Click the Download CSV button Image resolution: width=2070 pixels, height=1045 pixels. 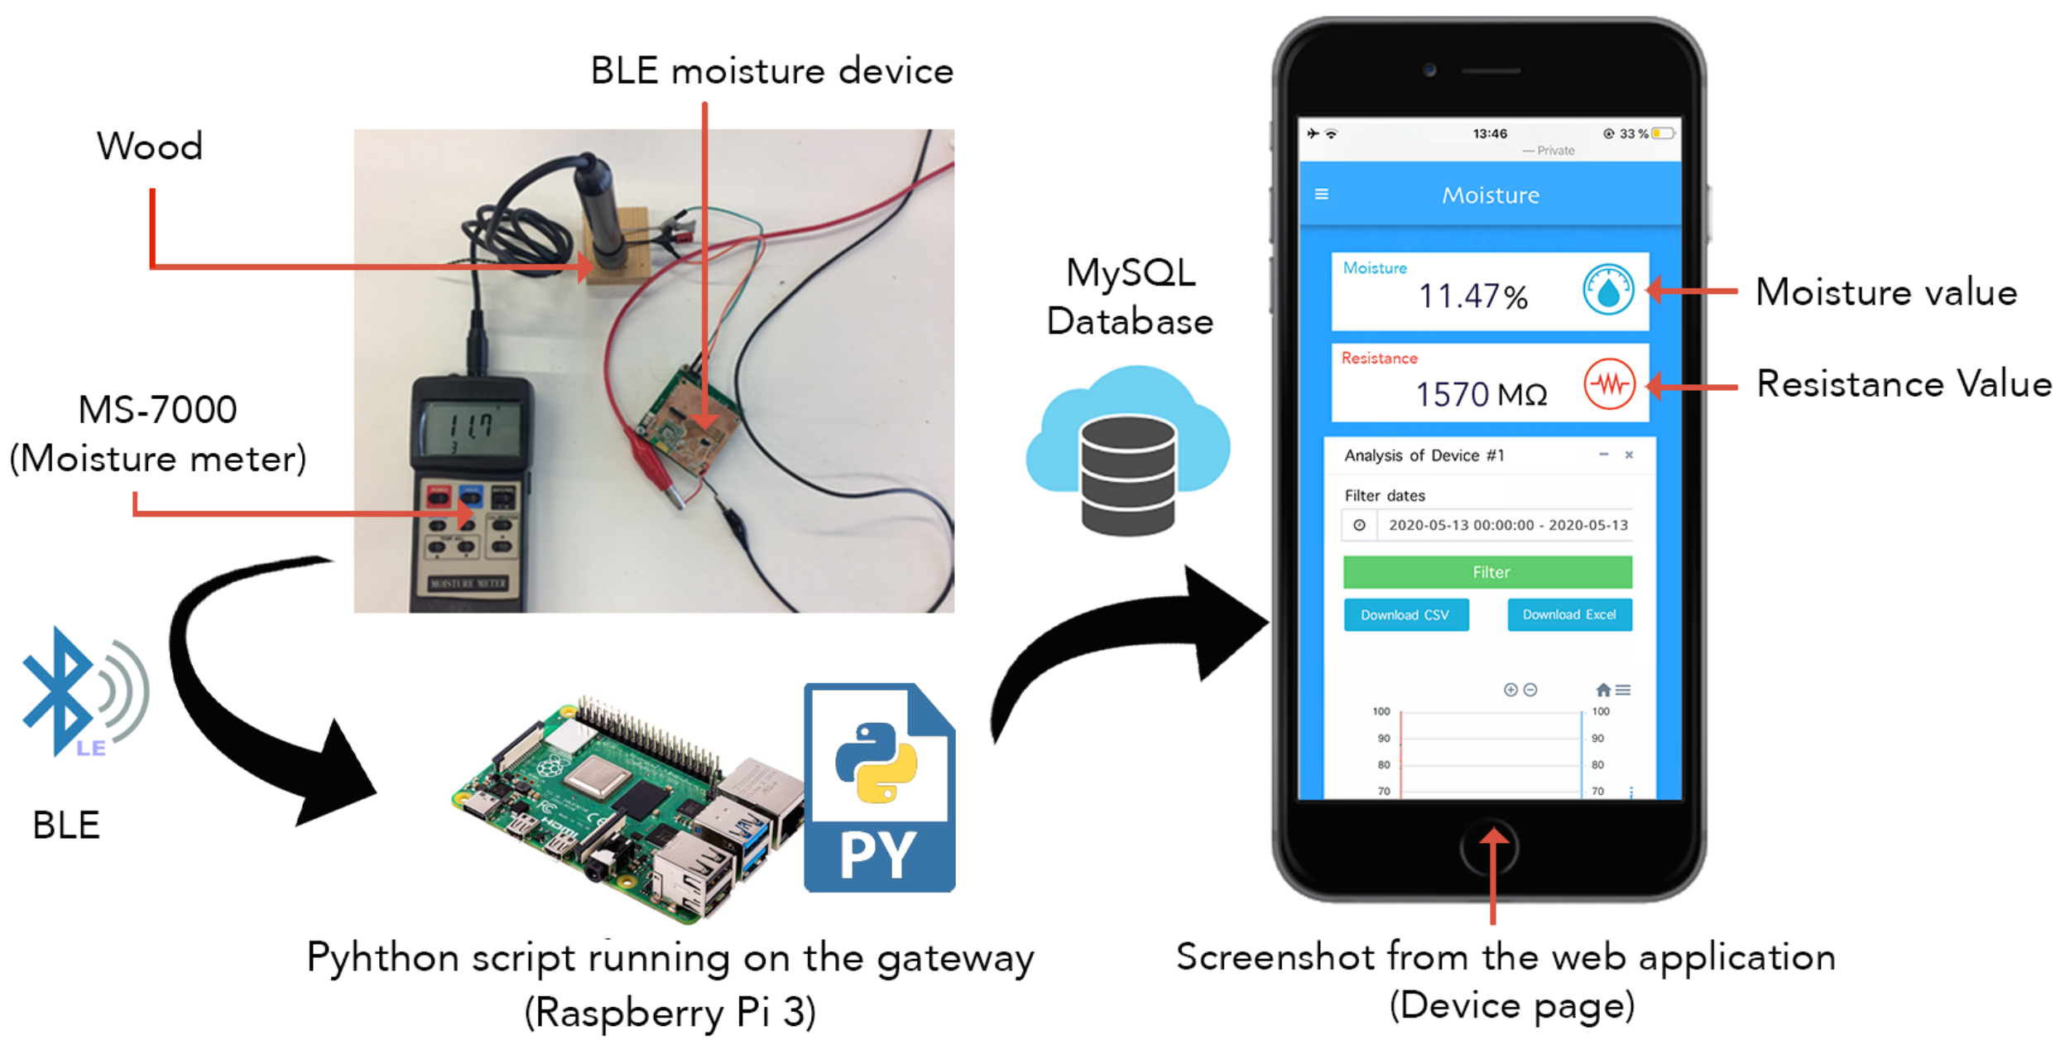pos(1405,615)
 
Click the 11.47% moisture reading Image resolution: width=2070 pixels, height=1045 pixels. pos(1472,296)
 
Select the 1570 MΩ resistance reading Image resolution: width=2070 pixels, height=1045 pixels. pos(1481,394)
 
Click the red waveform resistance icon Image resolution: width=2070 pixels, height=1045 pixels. pos(1609,384)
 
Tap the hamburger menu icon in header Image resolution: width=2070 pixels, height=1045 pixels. pos(1321,194)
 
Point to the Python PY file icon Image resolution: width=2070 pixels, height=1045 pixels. pos(879,787)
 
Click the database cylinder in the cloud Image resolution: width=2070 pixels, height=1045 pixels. pos(1127,475)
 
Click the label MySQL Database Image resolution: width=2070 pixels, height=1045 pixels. pos(1130,296)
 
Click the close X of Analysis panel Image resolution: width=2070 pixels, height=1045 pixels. pos(1628,455)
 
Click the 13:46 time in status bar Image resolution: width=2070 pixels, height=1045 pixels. pos(1489,133)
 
